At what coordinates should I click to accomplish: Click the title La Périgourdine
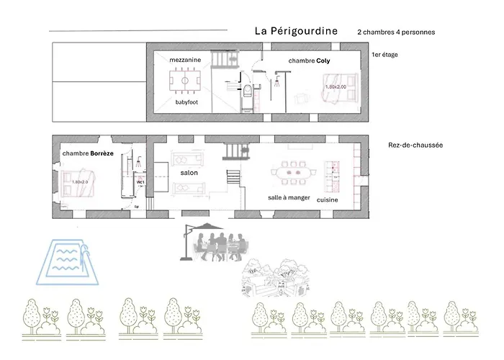(296, 32)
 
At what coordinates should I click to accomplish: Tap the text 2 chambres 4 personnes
(395, 32)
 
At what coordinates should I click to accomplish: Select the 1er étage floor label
(384, 55)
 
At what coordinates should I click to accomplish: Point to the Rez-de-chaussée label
(415, 145)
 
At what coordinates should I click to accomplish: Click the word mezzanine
(185, 60)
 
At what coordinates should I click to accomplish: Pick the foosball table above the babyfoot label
(185, 81)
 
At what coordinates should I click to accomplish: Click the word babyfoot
(186, 102)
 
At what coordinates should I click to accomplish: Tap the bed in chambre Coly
(338, 88)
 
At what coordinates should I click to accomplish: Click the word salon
(189, 173)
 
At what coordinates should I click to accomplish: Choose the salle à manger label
(289, 196)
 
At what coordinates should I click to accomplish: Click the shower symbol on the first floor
(274, 83)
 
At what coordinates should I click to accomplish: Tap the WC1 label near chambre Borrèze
(141, 183)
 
